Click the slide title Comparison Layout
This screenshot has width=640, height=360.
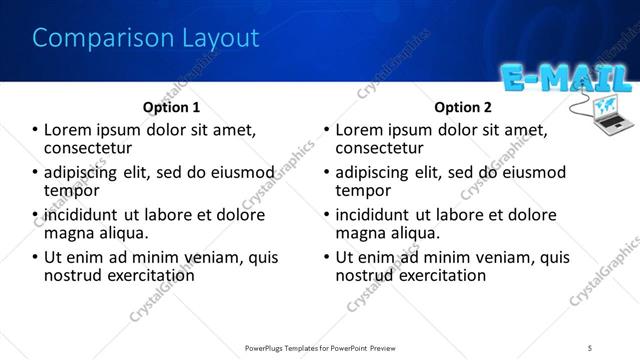pyautogui.click(x=146, y=39)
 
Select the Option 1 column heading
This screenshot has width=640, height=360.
pyautogui.click(x=171, y=107)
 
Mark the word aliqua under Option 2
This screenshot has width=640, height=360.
pyautogui.click(x=419, y=233)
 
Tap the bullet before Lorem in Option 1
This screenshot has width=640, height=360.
pyautogui.click(x=36, y=130)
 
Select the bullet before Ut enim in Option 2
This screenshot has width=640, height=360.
pyautogui.click(x=327, y=257)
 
